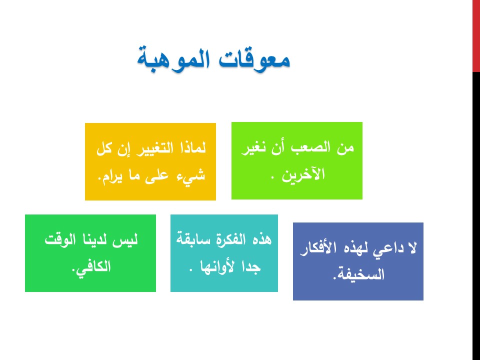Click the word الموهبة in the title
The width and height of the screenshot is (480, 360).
pos(173,59)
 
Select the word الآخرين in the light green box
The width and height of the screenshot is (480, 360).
pos(303,174)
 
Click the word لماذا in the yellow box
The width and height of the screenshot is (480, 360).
pos(191,147)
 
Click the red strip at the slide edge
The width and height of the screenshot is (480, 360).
pos(476,36)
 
